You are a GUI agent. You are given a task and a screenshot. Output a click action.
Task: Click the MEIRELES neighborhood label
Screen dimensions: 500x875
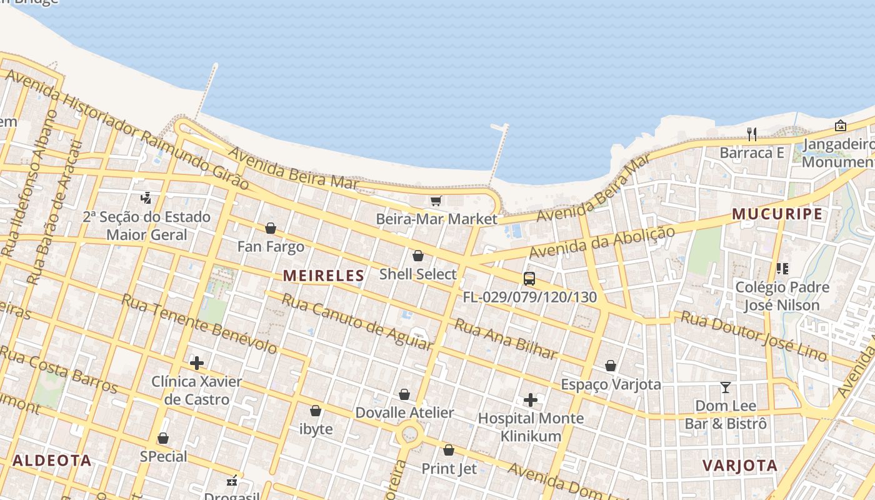(x=323, y=276)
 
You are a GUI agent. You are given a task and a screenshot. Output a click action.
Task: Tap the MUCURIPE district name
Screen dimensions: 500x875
(x=777, y=214)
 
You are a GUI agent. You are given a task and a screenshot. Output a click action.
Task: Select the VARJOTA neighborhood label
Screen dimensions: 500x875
(x=740, y=466)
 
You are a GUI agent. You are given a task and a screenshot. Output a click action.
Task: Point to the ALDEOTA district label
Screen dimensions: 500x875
(x=52, y=461)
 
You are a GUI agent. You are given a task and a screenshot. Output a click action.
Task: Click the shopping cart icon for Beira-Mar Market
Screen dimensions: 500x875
(x=436, y=201)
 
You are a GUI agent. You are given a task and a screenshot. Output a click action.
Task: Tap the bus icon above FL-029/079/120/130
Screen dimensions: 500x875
(x=529, y=279)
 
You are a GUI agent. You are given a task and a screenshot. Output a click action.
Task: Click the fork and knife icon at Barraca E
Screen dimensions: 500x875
(x=752, y=134)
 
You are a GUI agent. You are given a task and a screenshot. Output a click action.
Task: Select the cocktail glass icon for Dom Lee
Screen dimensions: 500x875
(x=725, y=387)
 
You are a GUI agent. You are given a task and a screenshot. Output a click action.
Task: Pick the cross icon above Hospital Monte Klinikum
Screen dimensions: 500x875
(x=531, y=399)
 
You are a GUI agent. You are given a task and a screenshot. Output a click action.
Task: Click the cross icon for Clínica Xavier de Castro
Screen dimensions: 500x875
(x=197, y=362)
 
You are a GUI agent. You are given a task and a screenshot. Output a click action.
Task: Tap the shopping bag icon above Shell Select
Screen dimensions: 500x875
(x=418, y=256)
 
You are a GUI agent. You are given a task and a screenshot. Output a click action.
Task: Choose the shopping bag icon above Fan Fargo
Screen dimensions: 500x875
(x=271, y=228)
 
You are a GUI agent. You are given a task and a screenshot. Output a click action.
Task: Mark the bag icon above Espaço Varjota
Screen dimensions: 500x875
(x=611, y=366)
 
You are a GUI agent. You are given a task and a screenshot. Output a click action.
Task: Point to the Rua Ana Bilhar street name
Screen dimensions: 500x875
(x=505, y=339)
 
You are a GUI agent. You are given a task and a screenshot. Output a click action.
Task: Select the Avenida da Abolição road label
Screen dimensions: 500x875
(x=602, y=242)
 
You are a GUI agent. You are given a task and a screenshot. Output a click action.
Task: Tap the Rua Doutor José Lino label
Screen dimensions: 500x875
(x=754, y=336)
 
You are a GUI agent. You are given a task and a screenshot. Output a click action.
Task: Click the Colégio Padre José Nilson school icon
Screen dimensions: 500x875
(x=782, y=269)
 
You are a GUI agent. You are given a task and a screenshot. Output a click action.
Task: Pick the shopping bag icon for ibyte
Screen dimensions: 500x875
(x=316, y=411)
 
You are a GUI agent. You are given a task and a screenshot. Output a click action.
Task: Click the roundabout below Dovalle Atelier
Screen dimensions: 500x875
(x=410, y=432)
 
